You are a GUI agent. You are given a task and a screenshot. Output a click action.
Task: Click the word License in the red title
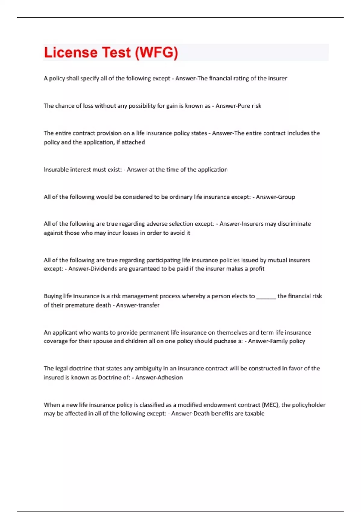pyautogui.click(x=70, y=52)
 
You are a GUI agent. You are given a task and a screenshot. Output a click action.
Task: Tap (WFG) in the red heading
pyautogui.click(x=156, y=52)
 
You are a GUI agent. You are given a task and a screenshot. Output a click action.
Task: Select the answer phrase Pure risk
pyautogui.click(x=249, y=106)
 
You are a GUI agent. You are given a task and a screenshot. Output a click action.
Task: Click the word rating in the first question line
pyautogui.click(x=240, y=78)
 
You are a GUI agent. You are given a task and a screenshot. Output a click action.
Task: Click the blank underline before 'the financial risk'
pyautogui.click(x=266, y=296)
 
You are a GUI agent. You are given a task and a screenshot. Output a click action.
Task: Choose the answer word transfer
pyautogui.click(x=148, y=305)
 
